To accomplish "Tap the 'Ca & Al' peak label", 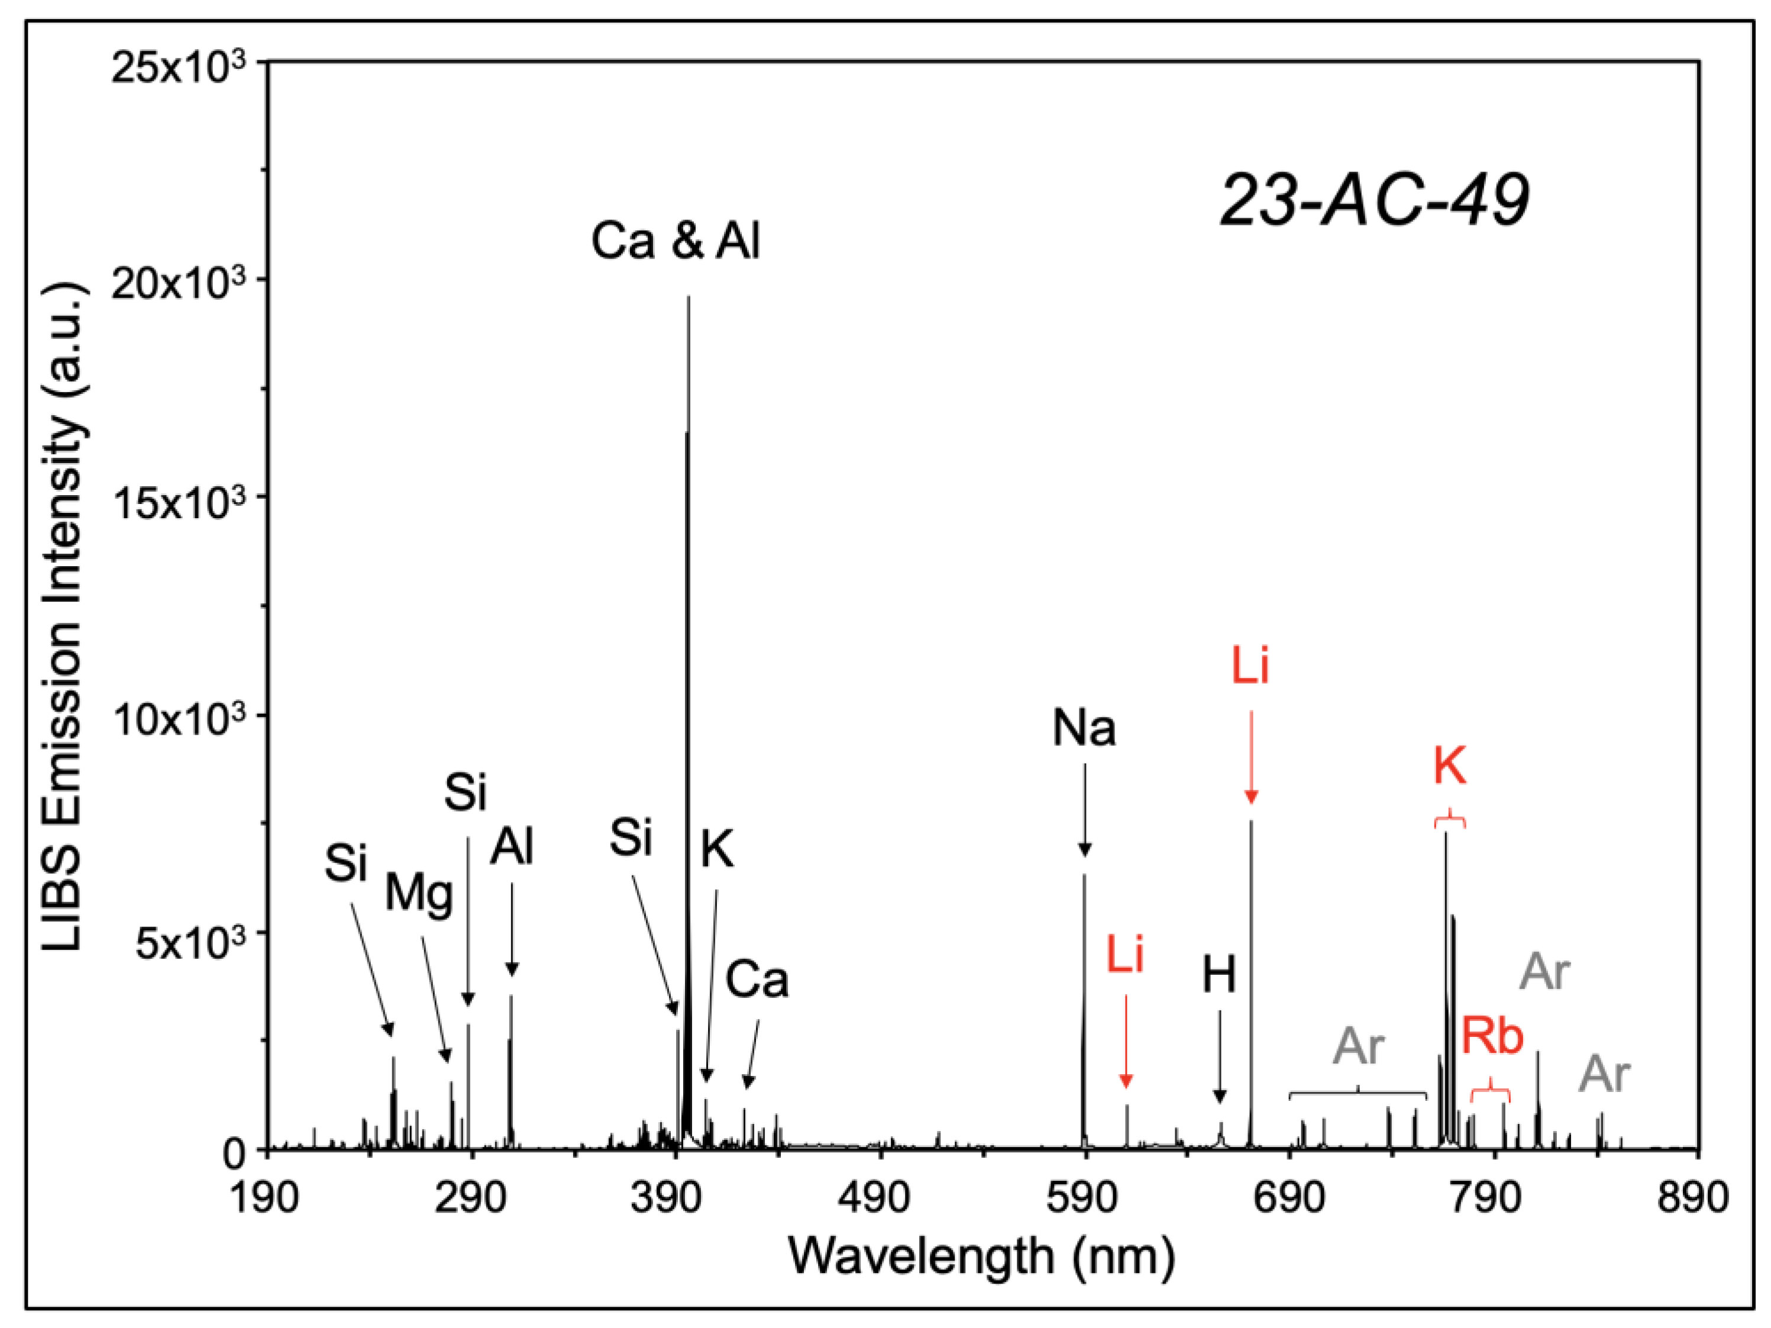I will click(675, 240).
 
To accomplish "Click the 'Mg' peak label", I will click(419, 893).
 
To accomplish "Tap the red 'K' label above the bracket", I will click(1449, 767).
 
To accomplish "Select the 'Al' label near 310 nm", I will click(512, 847).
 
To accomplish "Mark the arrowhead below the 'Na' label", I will click(1084, 850).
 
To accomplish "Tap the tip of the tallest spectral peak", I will click(689, 298).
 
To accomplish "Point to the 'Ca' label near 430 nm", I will click(757, 980).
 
